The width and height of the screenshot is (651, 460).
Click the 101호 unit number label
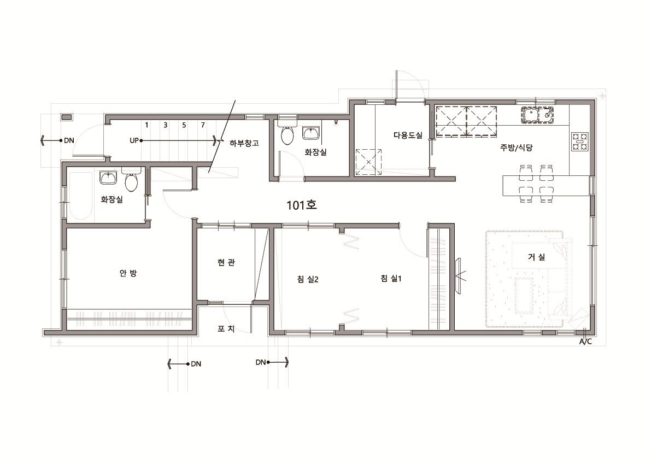pos(302,205)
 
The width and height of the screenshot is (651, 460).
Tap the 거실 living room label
pos(536,257)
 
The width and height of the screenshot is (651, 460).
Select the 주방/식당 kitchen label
pos(516,148)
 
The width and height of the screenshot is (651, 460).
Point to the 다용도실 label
pos(408,135)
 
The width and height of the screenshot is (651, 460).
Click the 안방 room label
pos(128,273)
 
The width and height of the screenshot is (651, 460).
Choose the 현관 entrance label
pos(226,263)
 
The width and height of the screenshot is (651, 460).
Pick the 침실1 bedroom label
pos(391,278)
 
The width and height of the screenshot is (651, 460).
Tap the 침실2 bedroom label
pos(308,279)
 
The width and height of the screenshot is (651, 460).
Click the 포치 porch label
pos(226,329)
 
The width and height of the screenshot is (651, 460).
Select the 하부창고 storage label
pos(244,144)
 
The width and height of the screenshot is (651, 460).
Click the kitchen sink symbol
pos(538,115)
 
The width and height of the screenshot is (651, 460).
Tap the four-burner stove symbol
pos(579,141)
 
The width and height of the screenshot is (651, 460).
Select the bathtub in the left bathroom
pos(80,196)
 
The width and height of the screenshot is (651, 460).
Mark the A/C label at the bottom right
pos(585,342)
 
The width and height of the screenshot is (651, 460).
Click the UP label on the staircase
pos(134,140)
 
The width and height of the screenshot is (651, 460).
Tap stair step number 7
pos(203,125)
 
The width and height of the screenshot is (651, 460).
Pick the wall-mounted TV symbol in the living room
pos(459,275)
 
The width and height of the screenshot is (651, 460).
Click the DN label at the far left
pos(69,140)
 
